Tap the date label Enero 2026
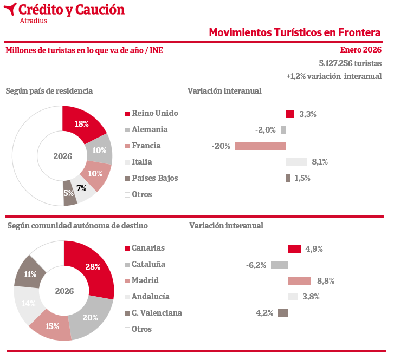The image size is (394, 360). pyautogui.click(x=360, y=50)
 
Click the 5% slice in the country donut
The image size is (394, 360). pyautogui.click(x=69, y=194)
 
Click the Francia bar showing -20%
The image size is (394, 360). pyautogui.click(x=260, y=146)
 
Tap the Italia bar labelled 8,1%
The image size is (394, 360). pyautogui.click(x=296, y=162)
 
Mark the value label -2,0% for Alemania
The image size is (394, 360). pyautogui.click(x=266, y=130)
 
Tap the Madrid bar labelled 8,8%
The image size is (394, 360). pyautogui.click(x=299, y=280)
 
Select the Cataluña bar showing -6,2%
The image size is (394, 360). pyautogui.click(x=279, y=265)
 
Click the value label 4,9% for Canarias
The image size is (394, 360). pyautogui.click(x=314, y=249)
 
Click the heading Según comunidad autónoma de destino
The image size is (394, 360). pyautogui.click(x=77, y=225)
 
